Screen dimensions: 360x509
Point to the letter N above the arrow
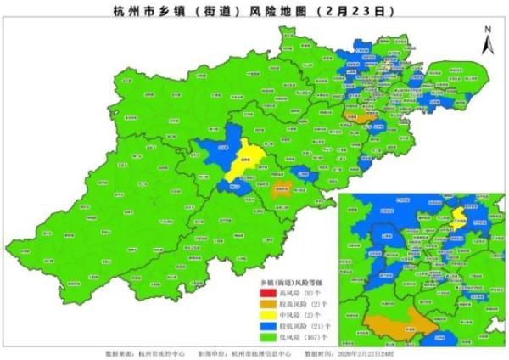pos(487,28)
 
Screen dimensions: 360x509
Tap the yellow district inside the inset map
pos(459,216)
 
